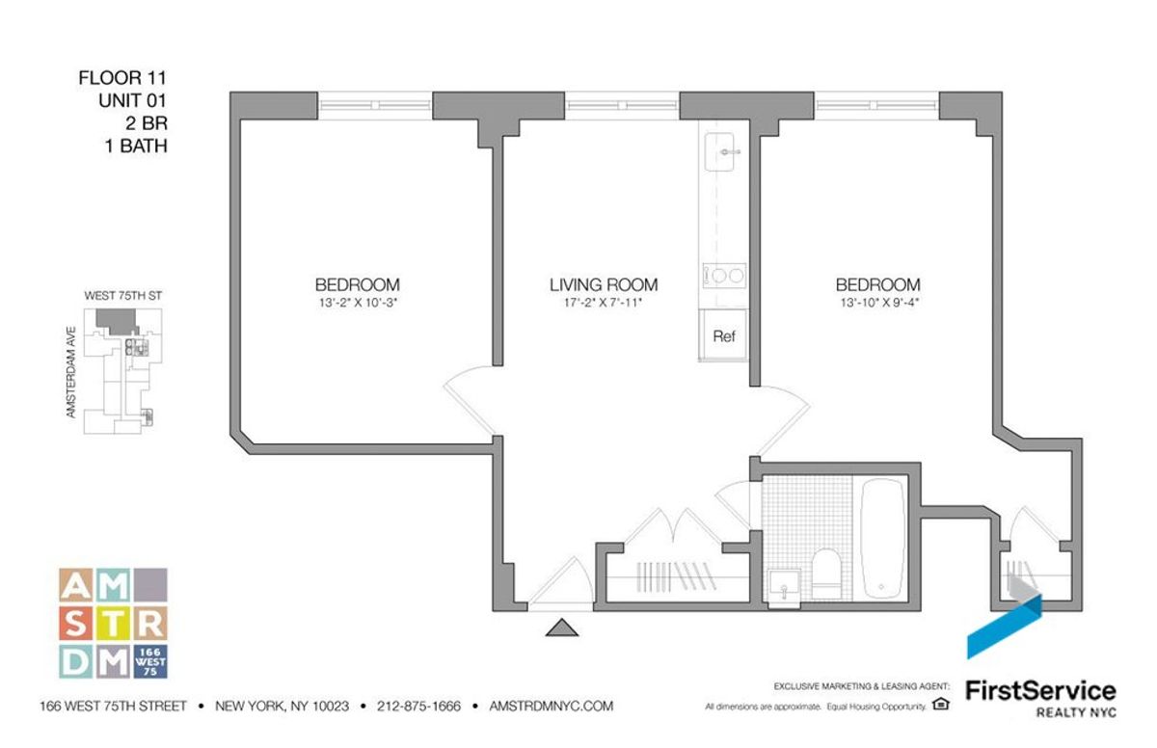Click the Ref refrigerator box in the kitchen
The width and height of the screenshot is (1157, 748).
coord(724,336)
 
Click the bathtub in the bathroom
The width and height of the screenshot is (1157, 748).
coord(881,539)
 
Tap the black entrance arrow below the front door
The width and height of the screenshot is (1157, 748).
coord(561,629)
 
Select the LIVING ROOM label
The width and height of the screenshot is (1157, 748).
coord(604,284)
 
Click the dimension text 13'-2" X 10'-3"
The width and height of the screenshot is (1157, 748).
coord(357,302)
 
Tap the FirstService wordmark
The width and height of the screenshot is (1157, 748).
coord(1040,690)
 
